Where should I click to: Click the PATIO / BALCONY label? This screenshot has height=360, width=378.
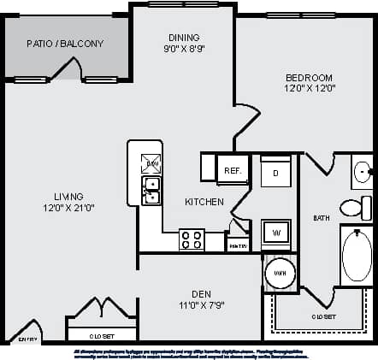(x=65, y=44)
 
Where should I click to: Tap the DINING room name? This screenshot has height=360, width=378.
(x=184, y=37)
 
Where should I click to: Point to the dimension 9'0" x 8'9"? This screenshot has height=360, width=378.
(x=184, y=49)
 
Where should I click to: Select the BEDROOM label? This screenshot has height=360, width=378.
(x=310, y=76)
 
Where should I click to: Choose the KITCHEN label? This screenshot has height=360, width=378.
(x=204, y=202)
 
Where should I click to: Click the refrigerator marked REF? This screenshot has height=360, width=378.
(x=233, y=170)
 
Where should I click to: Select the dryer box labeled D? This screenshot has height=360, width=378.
(x=275, y=172)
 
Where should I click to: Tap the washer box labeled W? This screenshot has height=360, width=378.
(x=276, y=232)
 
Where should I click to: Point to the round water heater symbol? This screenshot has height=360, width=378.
(x=279, y=273)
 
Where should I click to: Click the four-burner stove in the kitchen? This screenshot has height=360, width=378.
(x=192, y=239)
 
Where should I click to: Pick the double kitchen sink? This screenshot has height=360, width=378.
(x=151, y=190)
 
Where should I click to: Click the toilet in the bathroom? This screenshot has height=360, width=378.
(x=353, y=207)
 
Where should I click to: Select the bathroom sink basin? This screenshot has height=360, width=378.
(x=362, y=173)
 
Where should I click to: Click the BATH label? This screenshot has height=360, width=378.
(x=322, y=217)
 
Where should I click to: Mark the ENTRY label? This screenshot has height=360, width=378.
(x=27, y=339)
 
